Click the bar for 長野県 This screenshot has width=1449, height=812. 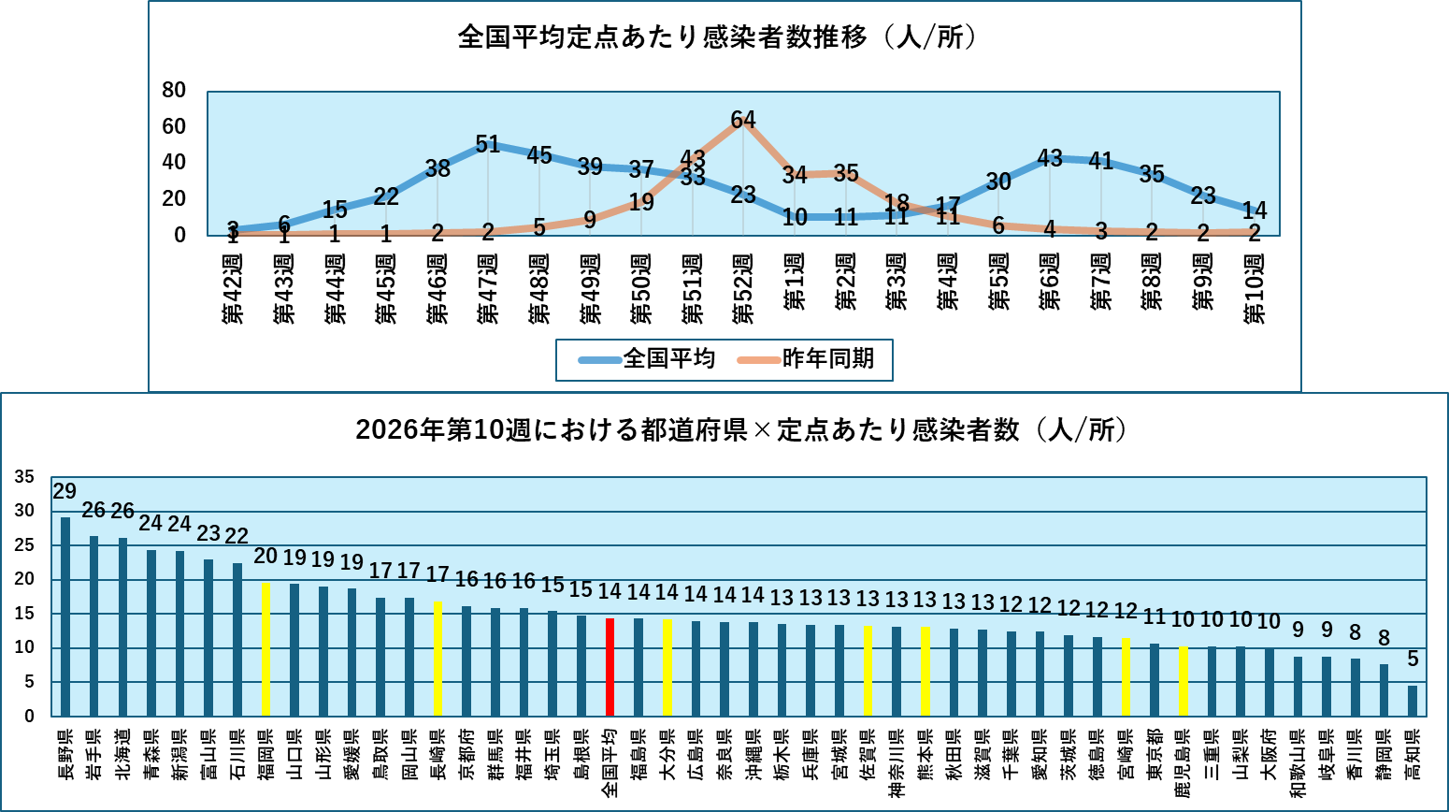[x=65, y=616]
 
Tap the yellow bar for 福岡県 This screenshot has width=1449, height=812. [x=265, y=649]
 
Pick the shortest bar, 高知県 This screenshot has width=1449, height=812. [x=1413, y=701]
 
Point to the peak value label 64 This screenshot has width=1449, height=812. [x=743, y=120]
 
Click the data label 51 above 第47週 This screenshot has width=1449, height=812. [x=488, y=144]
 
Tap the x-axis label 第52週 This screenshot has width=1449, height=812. [x=743, y=288]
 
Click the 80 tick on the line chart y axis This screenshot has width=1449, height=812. [x=175, y=91]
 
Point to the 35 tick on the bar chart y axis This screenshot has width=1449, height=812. [x=24, y=477]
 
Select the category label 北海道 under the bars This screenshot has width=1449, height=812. [x=123, y=754]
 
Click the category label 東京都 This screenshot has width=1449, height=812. [x=1155, y=754]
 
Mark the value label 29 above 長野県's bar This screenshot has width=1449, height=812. [x=65, y=491]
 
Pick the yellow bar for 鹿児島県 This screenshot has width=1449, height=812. [x=1184, y=681]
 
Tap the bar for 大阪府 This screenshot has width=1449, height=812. [x=1270, y=682]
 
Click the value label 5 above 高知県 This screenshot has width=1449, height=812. [x=1413, y=660]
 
